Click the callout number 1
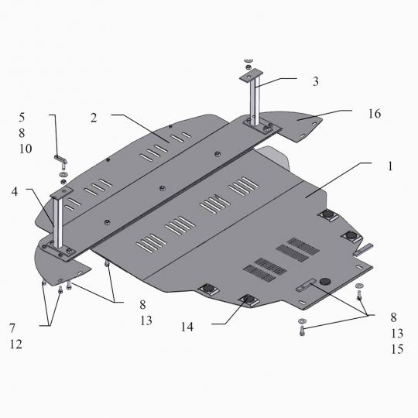pyautogui.click(x=391, y=166)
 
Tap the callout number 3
pyautogui.click(x=315, y=81)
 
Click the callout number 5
pyautogui.click(x=23, y=118)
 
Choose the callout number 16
pyautogui.click(x=375, y=113)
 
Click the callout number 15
pyautogui.click(x=397, y=348)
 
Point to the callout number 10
pyautogui.click(x=26, y=149)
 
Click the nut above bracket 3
pyautogui.click(x=248, y=60)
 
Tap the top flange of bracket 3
pyautogui.click(x=249, y=74)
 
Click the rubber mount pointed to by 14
pyautogui.click(x=248, y=300)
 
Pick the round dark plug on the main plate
pyautogui.click(x=324, y=279)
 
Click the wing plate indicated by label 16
pyautogui.click(x=297, y=124)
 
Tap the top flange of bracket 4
pyautogui.click(x=61, y=191)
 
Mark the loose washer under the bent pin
pyautogui.click(x=63, y=176)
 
